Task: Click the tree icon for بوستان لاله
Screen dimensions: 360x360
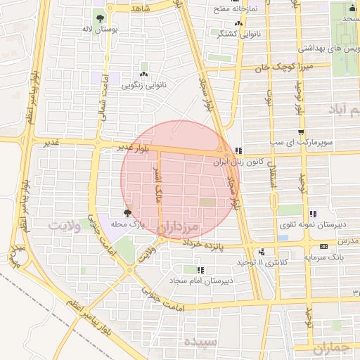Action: coord(101,18)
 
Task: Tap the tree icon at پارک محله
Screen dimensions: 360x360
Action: coord(127,212)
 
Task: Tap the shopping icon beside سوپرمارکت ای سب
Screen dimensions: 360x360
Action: coord(302,131)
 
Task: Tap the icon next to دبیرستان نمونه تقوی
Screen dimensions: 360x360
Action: coord(313,214)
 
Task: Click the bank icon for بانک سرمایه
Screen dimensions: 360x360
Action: coord(323,246)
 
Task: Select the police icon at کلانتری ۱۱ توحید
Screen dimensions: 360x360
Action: coord(262,252)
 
